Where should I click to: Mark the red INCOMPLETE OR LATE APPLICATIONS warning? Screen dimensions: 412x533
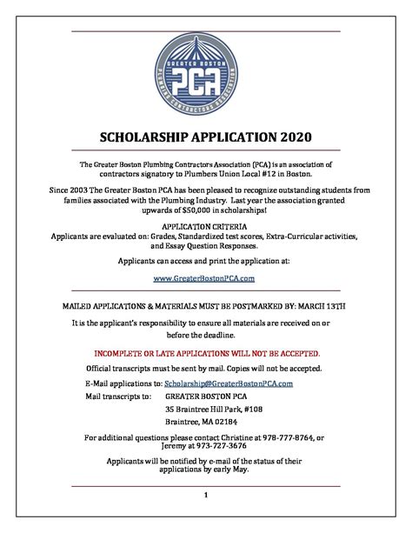[206, 354]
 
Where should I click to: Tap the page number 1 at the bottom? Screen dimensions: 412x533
[205, 497]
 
